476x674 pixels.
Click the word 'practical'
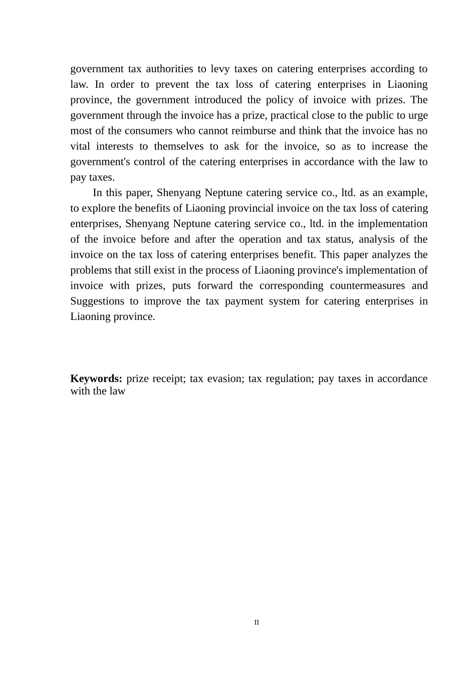(290, 115)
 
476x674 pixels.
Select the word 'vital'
(80, 146)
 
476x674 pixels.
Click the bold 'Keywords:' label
(96, 379)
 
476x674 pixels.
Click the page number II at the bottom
(257, 622)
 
